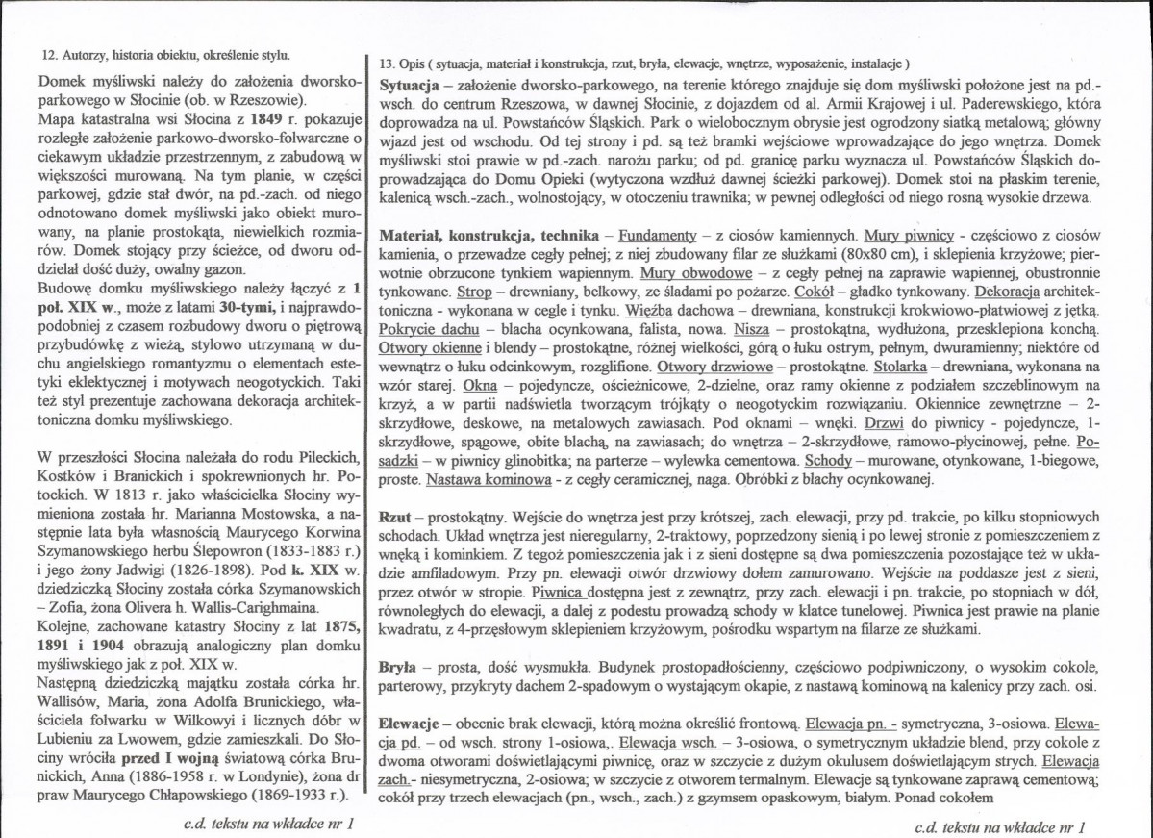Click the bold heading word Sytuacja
[x=411, y=85]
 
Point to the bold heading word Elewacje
[x=414, y=722]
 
